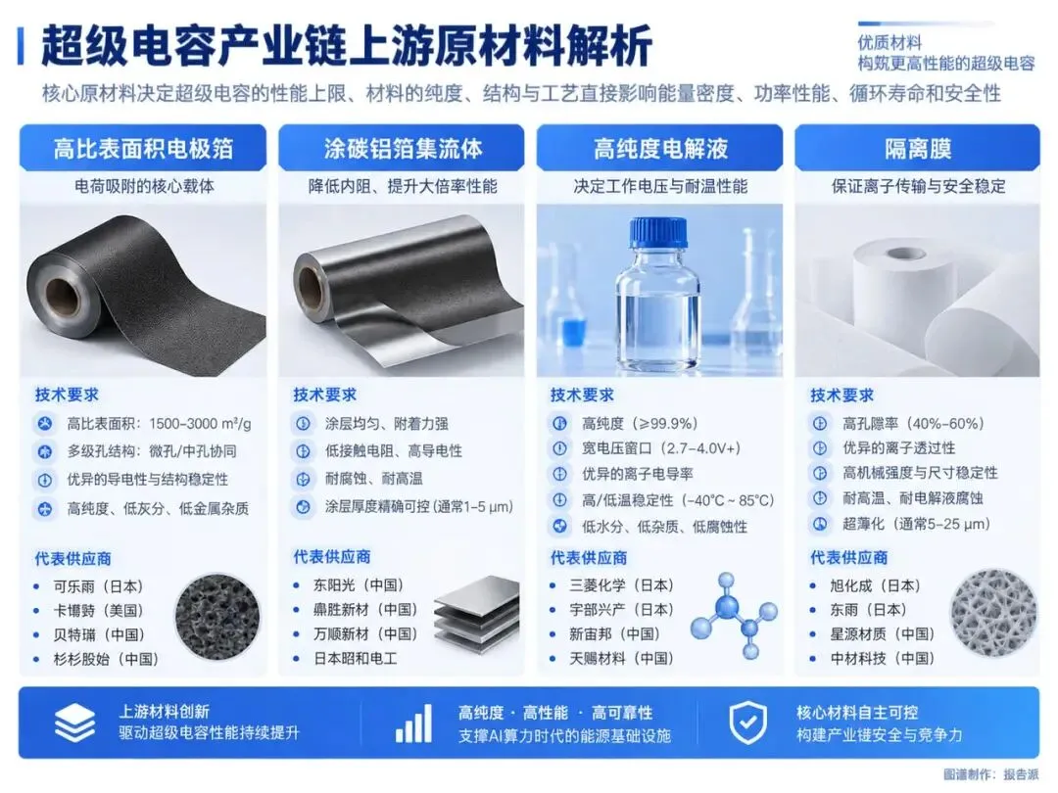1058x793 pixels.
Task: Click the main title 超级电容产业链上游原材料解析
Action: click(x=346, y=46)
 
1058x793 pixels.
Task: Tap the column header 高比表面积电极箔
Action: click(x=143, y=149)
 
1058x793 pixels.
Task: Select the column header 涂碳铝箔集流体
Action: click(x=403, y=149)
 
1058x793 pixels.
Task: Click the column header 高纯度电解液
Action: click(x=660, y=149)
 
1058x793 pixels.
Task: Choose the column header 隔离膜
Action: click(x=918, y=149)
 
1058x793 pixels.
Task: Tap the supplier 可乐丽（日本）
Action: click(x=99, y=586)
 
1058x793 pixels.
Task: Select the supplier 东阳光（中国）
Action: click(x=359, y=585)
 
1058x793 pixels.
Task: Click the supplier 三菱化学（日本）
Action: click(x=621, y=585)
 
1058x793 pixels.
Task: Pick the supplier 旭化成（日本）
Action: click(x=875, y=585)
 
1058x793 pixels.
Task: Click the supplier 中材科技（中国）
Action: click(x=883, y=658)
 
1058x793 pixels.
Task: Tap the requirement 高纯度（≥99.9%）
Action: click(x=640, y=424)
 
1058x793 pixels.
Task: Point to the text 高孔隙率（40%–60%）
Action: click(x=913, y=424)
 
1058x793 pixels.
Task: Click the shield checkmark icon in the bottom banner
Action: click(x=748, y=723)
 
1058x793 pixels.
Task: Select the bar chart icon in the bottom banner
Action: click(x=413, y=723)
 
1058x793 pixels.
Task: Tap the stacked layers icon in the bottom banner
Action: click(x=74, y=723)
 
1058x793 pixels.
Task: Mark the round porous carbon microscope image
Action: click(x=217, y=617)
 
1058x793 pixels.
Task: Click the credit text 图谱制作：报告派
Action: click(x=990, y=775)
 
